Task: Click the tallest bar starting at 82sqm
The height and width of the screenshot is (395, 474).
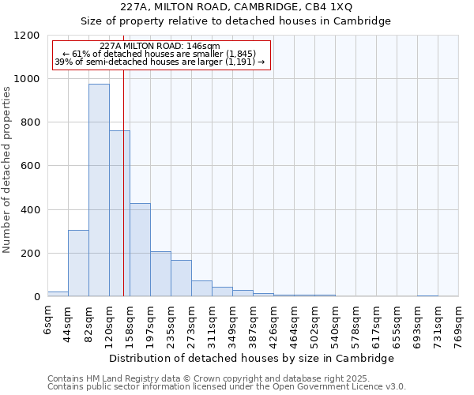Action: pyautogui.click(x=99, y=190)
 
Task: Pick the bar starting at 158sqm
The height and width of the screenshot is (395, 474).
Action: pyautogui.click(x=140, y=250)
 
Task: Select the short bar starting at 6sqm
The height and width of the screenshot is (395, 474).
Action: pyautogui.click(x=58, y=294)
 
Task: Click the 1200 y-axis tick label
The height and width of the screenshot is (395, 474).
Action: pyautogui.click(x=28, y=36)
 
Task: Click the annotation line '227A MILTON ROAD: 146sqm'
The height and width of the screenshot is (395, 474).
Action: pyautogui.click(x=161, y=47)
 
